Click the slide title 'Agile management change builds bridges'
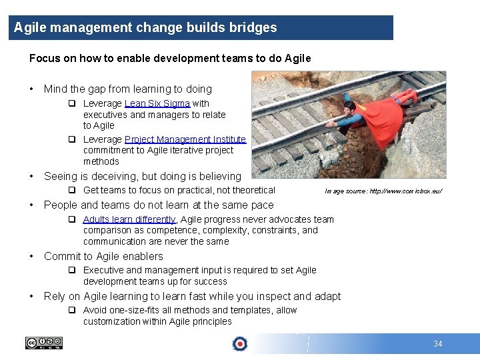[145, 28]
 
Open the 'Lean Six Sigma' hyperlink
[157, 103]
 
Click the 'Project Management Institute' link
[185, 139]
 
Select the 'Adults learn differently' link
[129, 219]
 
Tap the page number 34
[437, 344]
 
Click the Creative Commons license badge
[43, 343]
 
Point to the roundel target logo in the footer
[239, 343]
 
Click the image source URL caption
[383, 192]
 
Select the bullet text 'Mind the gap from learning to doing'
[127, 89]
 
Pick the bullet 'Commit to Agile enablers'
[103, 256]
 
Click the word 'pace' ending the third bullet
[261, 205]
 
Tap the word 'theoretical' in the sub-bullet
[250, 191]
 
